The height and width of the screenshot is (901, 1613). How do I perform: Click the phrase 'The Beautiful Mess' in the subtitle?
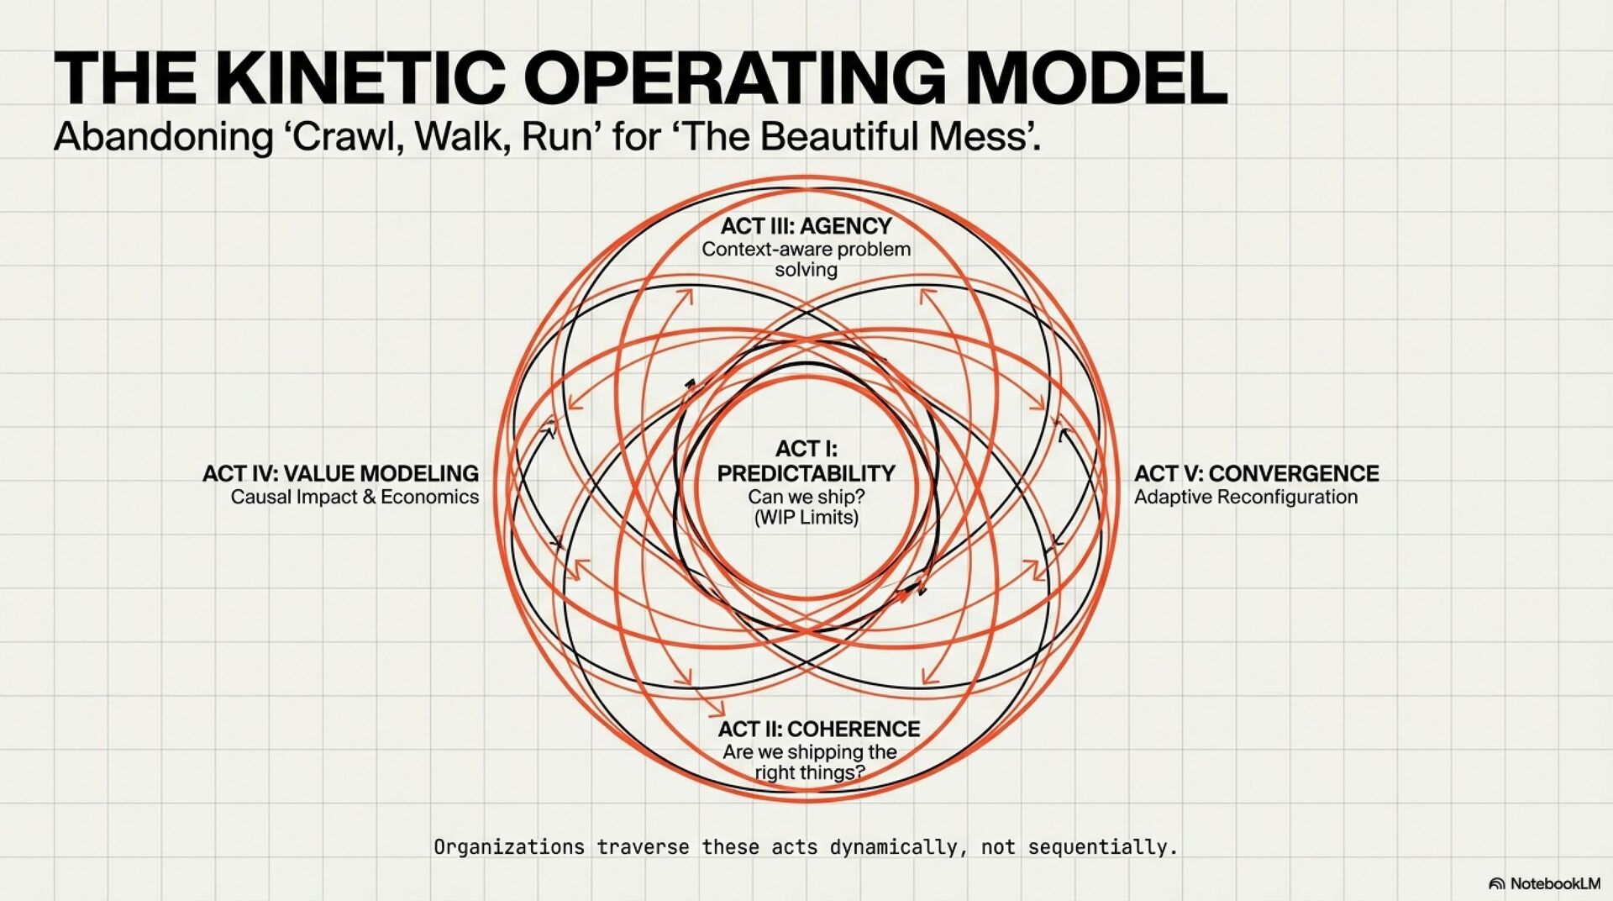857,136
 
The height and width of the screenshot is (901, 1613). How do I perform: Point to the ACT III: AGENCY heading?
806,226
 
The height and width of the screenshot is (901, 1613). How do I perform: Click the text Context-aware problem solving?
806,259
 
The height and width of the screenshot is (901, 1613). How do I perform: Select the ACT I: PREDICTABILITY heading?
806,461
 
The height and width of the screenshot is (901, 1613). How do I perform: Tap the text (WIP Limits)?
806,518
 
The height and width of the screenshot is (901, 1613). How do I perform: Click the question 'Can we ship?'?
806,497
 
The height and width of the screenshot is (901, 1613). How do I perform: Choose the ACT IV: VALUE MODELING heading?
340,474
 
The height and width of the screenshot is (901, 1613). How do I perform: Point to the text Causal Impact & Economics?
355,498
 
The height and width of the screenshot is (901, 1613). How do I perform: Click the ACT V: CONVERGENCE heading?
1257,474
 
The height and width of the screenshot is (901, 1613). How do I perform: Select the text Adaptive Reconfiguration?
1246,498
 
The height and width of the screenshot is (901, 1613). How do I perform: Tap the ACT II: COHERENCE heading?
819,729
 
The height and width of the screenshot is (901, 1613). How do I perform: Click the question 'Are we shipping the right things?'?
810,761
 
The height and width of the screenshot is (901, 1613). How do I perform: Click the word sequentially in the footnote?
1102,847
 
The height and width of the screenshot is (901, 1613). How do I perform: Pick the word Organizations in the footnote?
509,847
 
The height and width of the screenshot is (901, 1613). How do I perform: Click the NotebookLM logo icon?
1496,883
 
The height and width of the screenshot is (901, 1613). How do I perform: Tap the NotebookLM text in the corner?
1555,883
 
